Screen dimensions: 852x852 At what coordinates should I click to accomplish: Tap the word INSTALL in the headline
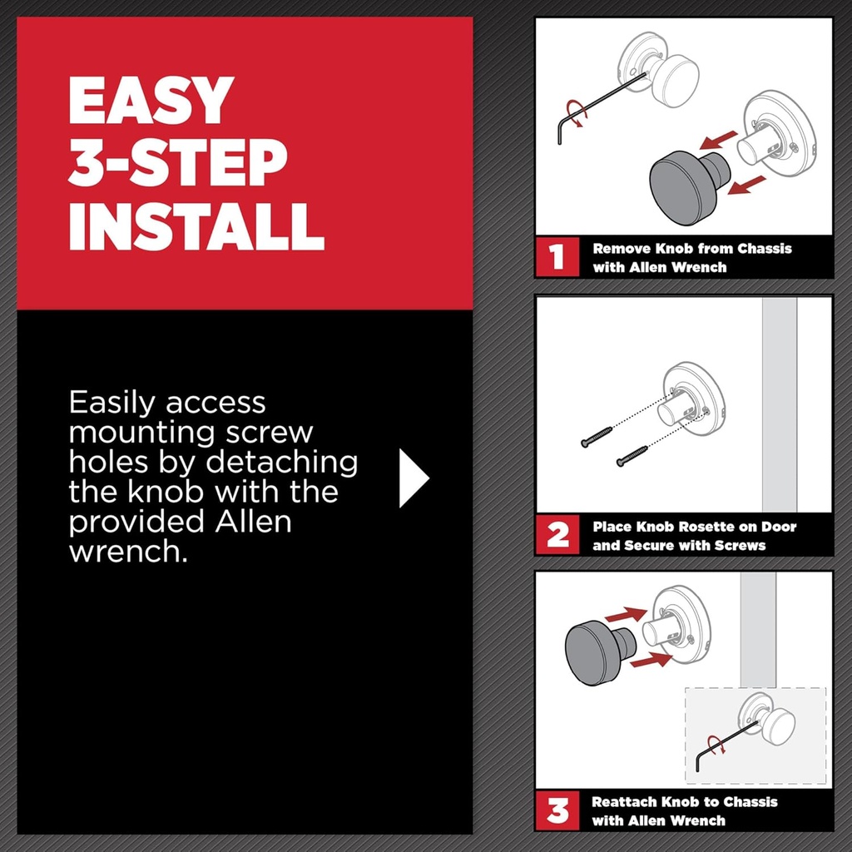coord(196,224)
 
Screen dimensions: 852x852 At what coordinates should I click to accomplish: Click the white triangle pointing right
coord(412,478)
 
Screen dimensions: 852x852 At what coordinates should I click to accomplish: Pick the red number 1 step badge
coord(556,258)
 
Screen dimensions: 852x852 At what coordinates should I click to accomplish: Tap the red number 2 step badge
coord(556,535)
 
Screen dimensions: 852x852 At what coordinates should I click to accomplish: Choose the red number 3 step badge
coord(556,810)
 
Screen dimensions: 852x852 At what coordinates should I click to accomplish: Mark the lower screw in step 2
coord(632,456)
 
